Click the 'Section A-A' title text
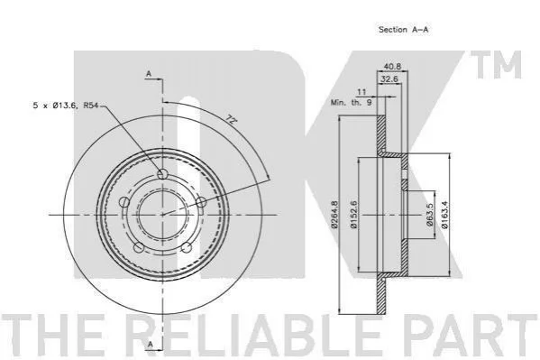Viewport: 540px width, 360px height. [403, 30]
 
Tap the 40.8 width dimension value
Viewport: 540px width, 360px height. [392, 66]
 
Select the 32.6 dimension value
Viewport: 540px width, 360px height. [389, 79]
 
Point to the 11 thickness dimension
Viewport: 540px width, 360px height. [362, 92]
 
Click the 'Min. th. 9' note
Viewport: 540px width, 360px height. [352, 103]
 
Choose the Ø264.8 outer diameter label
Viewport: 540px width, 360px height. [334, 215]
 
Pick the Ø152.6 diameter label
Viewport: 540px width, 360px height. [353, 215]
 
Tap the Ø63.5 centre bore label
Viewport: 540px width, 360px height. [429, 215]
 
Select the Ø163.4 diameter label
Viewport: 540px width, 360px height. [444, 215]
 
